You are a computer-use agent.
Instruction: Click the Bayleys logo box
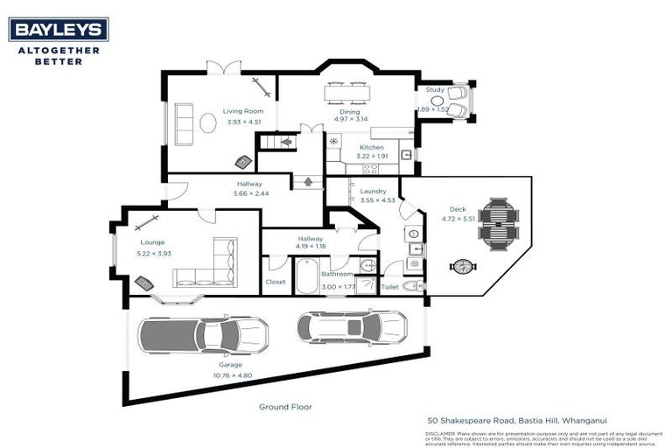tap(59, 30)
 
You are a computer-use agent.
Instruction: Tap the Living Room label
tap(242, 111)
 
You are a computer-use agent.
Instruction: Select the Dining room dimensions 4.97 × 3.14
tap(349, 119)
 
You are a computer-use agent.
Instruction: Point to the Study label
tap(435, 89)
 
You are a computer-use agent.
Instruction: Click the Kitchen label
tap(372, 147)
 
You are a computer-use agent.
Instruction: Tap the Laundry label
tap(373, 191)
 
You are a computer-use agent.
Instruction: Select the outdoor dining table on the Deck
tap(498, 222)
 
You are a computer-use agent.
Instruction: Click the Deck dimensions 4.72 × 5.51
tap(457, 219)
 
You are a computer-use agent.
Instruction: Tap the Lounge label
tap(152, 242)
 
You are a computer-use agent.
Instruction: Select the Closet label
tap(275, 283)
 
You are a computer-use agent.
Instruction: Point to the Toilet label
tap(389, 286)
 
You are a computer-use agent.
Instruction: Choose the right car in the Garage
tap(352, 326)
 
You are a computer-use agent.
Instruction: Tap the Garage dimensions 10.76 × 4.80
tap(232, 375)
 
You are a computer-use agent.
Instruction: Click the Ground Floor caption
tap(284, 407)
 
